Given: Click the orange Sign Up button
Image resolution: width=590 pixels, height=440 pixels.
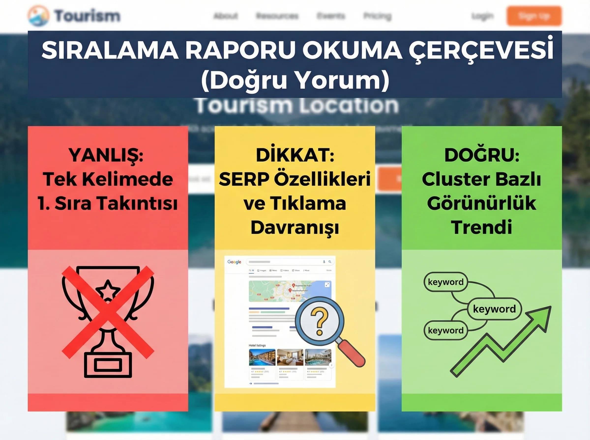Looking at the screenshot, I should [x=534, y=16].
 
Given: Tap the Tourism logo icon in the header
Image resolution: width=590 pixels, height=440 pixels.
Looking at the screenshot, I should [x=38, y=16].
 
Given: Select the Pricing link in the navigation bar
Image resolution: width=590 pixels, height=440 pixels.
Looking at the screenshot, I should [x=377, y=16].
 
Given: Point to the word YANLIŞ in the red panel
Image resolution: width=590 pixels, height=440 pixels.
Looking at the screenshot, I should [x=106, y=155].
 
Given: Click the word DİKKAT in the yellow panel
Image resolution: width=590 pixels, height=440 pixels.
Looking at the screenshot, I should [x=295, y=155].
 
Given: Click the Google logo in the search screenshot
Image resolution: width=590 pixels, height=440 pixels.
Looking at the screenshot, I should [x=234, y=262].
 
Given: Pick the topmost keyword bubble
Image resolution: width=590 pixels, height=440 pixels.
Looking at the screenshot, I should [x=445, y=282].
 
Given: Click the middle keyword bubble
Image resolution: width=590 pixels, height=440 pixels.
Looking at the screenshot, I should [x=494, y=309].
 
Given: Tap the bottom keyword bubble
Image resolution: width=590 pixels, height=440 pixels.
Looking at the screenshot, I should [x=445, y=330].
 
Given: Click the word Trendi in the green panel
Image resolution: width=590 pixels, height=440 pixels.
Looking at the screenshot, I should [x=482, y=227].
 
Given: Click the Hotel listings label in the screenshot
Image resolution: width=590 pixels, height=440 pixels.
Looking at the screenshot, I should [x=257, y=345].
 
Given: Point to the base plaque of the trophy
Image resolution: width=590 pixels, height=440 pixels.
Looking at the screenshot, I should [x=108, y=365].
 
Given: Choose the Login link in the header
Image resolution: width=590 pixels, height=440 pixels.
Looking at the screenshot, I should [x=482, y=16].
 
